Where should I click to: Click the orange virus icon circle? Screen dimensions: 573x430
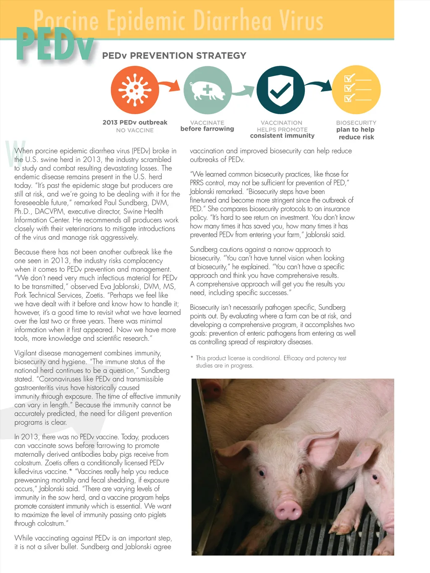(x=135, y=90)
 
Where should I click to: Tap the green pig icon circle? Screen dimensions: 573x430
(x=207, y=90)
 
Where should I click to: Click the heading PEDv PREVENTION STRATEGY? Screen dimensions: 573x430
(x=174, y=56)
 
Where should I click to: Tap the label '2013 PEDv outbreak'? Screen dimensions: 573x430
(x=135, y=123)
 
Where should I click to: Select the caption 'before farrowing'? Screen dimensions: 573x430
(x=207, y=129)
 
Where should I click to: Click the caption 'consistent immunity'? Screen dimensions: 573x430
(x=282, y=136)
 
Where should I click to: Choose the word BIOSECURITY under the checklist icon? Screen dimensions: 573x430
(x=356, y=123)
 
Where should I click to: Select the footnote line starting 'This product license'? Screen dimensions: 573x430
(x=271, y=358)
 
